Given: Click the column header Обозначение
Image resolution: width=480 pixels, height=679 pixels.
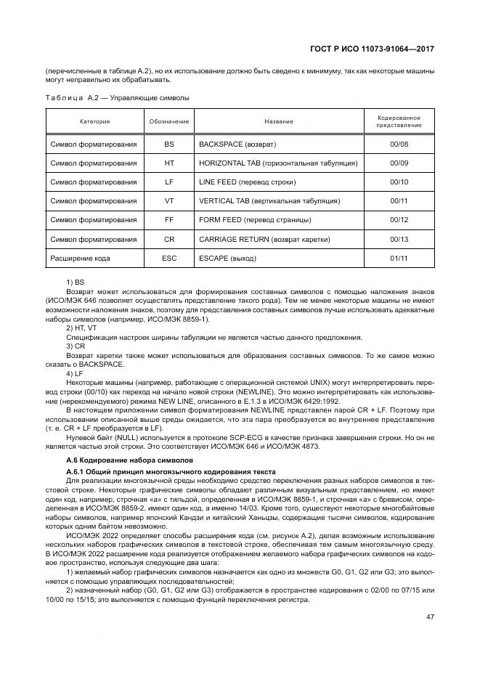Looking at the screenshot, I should (x=169, y=121).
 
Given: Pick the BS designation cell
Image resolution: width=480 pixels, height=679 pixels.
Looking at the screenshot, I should (x=169, y=145).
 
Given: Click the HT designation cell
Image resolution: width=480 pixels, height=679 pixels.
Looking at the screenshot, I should (x=169, y=163).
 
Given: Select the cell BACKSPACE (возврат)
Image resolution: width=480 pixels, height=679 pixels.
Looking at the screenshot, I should (x=237, y=145).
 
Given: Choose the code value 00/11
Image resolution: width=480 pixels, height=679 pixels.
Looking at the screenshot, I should (x=399, y=201).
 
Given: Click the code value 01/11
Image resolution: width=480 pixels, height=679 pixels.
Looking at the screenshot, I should (x=399, y=258).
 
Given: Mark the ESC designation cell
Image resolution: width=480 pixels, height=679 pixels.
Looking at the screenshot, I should (x=169, y=258).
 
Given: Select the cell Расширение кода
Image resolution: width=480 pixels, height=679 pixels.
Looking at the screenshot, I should (x=80, y=258).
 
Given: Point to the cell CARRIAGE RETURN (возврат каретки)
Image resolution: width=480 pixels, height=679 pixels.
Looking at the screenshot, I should (x=264, y=239).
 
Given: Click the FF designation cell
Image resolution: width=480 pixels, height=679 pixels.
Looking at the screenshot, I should (x=169, y=220).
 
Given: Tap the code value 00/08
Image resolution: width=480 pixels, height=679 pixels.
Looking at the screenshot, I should (x=399, y=145).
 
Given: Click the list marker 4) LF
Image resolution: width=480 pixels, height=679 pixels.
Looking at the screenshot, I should (x=74, y=373).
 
